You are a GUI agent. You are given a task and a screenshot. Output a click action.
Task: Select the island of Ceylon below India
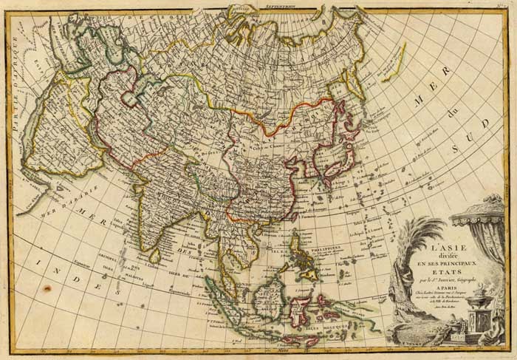155,256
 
